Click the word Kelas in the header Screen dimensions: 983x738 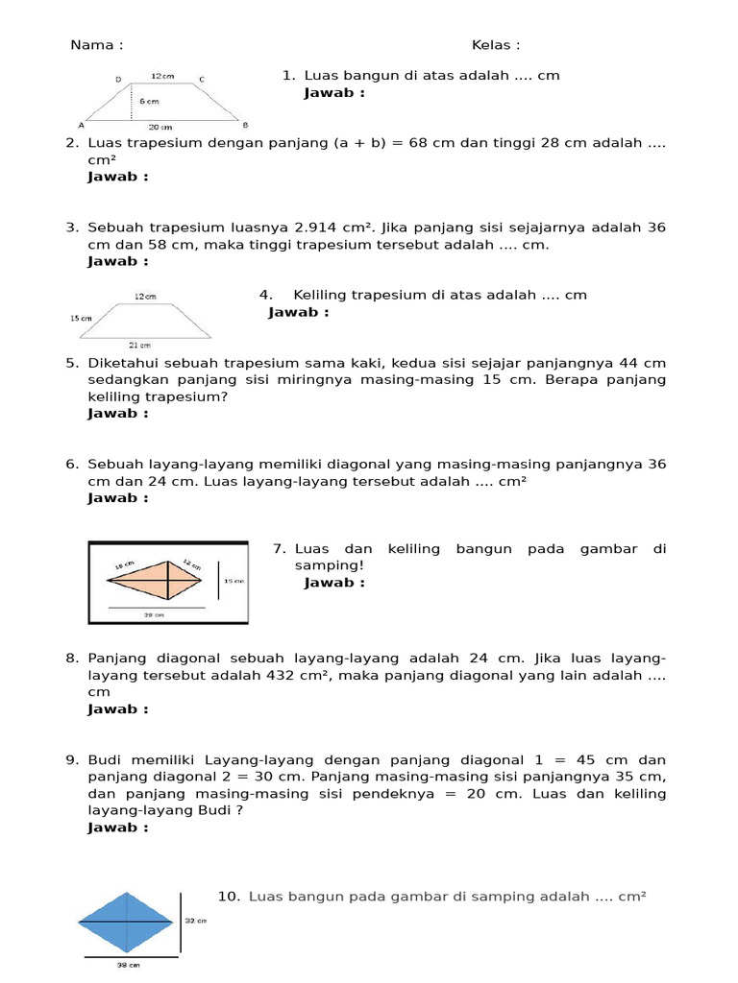[x=491, y=45]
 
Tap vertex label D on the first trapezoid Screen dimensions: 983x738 [x=118, y=79]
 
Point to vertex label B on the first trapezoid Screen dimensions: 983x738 [x=245, y=125]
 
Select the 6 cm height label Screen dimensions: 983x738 [x=149, y=100]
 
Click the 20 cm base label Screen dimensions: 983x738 [x=160, y=127]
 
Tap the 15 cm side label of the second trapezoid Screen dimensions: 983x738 [x=81, y=318]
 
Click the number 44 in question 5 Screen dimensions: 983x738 [x=623, y=363]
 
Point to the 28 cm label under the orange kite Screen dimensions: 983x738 [x=154, y=614]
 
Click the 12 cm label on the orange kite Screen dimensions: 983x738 [x=191, y=565]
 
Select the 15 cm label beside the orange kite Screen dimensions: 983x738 [x=234, y=581]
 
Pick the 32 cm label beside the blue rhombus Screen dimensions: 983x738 [x=195, y=920]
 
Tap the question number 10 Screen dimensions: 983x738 [x=228, y=896]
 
